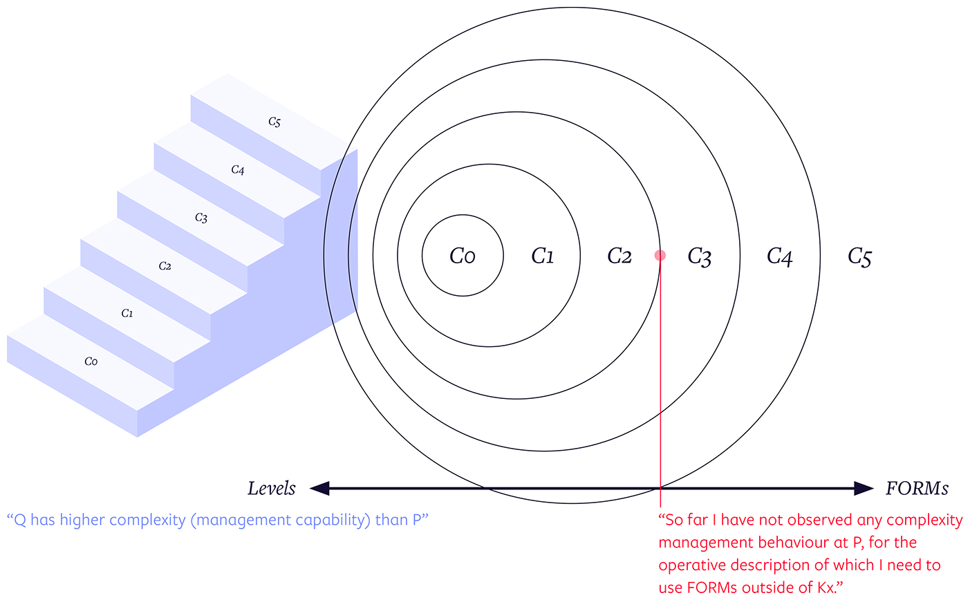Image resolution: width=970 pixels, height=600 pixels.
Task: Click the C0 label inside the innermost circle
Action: tap(463, 256)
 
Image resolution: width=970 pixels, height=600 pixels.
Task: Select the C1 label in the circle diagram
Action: tap(542, 256)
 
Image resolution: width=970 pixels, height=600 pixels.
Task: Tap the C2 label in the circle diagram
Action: tap(619, 256)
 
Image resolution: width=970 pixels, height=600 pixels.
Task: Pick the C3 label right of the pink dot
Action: tap(699, 257)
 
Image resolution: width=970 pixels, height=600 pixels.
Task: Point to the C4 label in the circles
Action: tap(779, 257)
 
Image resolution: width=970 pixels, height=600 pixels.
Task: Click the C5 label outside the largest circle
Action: tap(859, 257)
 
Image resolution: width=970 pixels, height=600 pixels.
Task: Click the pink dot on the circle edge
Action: tap(660, 256)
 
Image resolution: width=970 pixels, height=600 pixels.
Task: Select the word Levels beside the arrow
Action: tap(272, 489)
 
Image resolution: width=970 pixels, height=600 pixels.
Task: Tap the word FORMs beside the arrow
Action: tap(917, 489)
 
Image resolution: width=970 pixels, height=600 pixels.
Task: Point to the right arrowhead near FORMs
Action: tap(864, 489)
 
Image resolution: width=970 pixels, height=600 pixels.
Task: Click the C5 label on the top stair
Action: tap(274, 122)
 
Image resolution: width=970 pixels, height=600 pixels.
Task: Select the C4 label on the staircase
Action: tap(238, 170)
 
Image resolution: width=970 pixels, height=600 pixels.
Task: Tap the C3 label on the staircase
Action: tap(201, 218)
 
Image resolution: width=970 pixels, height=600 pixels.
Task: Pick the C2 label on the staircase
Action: tap(165, 266)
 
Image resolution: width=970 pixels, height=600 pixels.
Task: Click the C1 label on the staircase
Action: tap(127, 314)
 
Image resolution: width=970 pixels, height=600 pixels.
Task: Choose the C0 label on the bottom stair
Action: tap(91, 362)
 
